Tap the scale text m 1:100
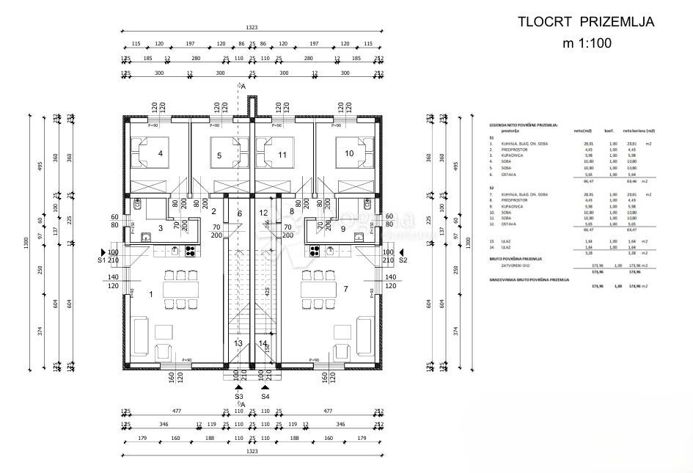[587, 43]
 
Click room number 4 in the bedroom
[160, 153]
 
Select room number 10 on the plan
[349, 153]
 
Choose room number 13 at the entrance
[238, 342]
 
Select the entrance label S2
[403, 260]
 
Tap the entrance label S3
[238, 397]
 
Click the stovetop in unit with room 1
[190, 251]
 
